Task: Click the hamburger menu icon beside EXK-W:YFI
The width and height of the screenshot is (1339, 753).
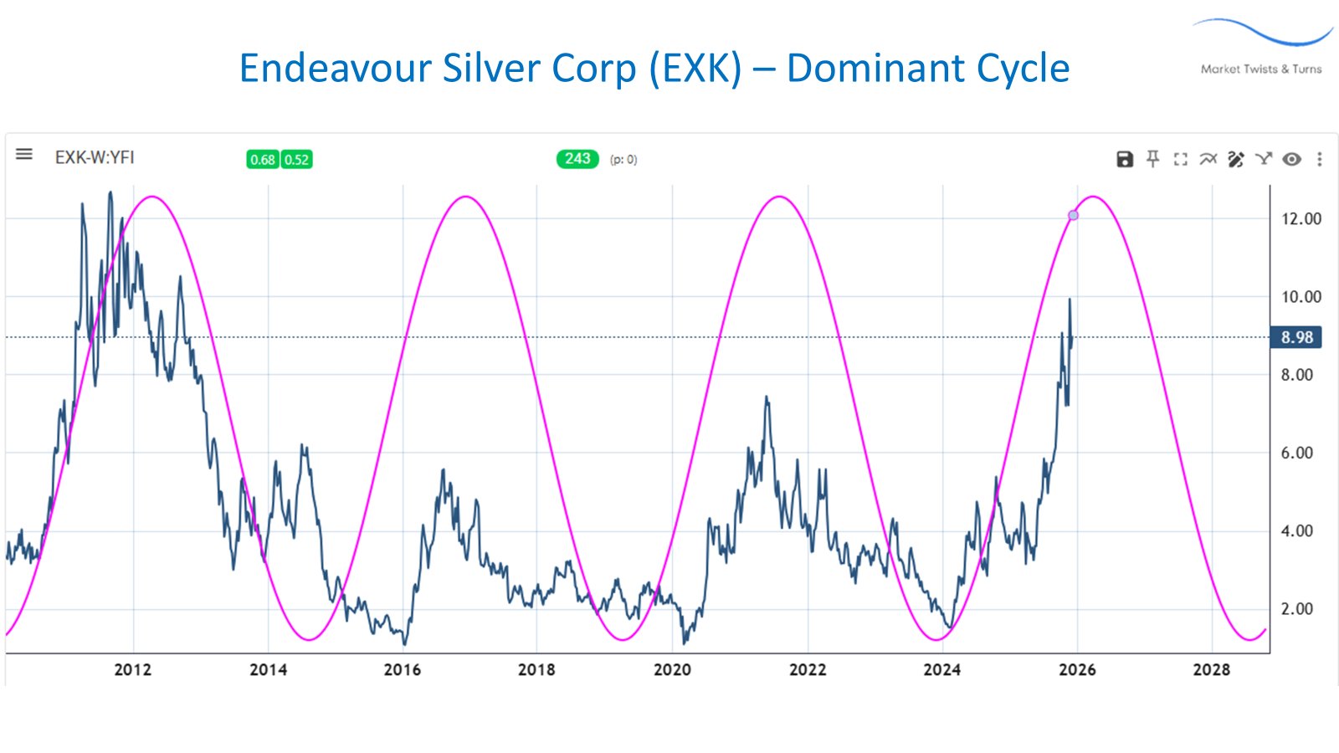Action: (x=24, y=155)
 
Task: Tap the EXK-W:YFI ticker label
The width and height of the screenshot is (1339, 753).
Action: (x=95, y=157)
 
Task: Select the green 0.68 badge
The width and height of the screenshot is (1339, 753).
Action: (x=263, y=160)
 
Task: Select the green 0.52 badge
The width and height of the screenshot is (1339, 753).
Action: (x=296, y=160)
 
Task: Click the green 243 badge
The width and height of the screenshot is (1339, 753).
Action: (x=577, y=159)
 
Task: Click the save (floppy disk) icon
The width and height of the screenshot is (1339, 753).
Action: (x=1125, y=159)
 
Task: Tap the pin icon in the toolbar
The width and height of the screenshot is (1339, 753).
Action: (x=1152, y=159)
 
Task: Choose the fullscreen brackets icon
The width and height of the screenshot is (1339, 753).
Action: (x=1180, y=159)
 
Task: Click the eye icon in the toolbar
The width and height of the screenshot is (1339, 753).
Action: (x=1291, y=159)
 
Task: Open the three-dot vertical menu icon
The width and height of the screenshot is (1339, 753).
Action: (x=1319, y=159)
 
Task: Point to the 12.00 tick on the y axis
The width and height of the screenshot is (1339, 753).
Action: (x=1301, y=219)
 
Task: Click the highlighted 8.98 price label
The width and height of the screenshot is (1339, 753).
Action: (x=1296, y=337)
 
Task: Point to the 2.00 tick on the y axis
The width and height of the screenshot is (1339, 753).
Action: (x=1296, y=609)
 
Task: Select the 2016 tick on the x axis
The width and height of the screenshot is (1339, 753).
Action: (x=403, y=669)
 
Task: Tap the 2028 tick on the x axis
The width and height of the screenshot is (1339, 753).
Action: (x=1211, y=669)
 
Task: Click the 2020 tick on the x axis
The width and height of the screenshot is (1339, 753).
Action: (x=672, y=669)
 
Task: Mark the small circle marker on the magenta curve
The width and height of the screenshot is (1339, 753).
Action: (x=1073, y=216)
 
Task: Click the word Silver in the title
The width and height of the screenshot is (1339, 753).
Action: (x=492, y=69)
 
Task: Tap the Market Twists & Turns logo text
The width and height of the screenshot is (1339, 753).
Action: (x=1261, y=69)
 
